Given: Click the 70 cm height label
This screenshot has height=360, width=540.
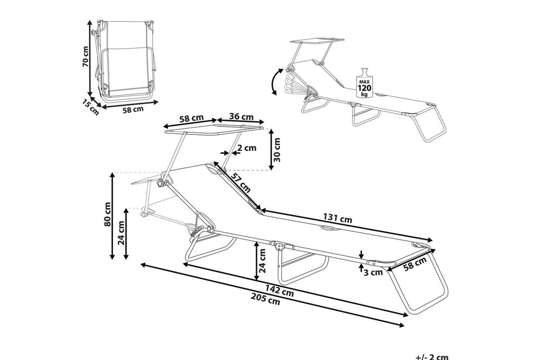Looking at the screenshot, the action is click(x=85, y=57).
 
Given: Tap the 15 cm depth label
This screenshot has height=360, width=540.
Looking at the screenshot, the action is click(x=91, y=107).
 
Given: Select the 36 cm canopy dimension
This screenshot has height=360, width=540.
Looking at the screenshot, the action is click(x=241, y=116).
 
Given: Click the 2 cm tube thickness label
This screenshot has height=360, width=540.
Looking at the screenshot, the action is click(x=247, y=148).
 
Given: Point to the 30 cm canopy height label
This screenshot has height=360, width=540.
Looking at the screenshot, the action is click(x=277, y=150).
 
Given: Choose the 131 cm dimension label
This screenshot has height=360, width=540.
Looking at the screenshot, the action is click(x=337, y=218).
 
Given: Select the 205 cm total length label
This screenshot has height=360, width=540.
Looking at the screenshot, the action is click(x=266, y=300).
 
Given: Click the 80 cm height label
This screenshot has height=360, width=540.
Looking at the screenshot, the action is click(x=107, y=214).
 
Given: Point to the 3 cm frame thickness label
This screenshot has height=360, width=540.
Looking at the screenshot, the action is click(x=373, y=272).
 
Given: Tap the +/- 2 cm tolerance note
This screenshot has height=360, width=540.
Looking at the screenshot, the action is click(x=432, y=357).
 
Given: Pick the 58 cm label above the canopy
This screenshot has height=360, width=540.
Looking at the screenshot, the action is click(x=192, y=118).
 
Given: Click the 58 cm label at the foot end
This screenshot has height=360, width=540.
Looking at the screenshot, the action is click(x=415, y=264).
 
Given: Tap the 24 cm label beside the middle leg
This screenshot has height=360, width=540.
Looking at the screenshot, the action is click(x=262, y=261).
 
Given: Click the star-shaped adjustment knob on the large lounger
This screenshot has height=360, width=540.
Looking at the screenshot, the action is click(x=161, y=183).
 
